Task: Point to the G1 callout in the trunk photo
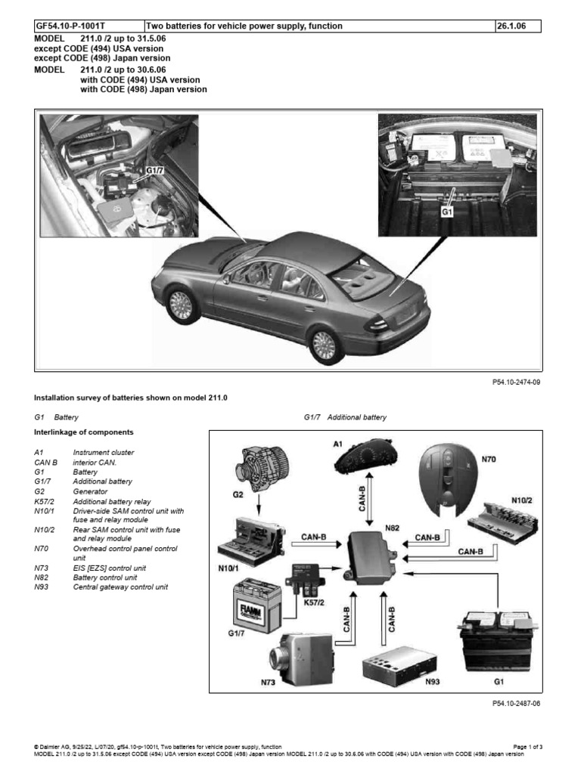click(x=447, y=212)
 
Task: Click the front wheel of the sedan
click(x=180, y=305)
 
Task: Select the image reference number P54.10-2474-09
click(x=515, y=382)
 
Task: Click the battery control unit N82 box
click(x=372, y=557)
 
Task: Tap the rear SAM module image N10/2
click(x=501, y=516)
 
